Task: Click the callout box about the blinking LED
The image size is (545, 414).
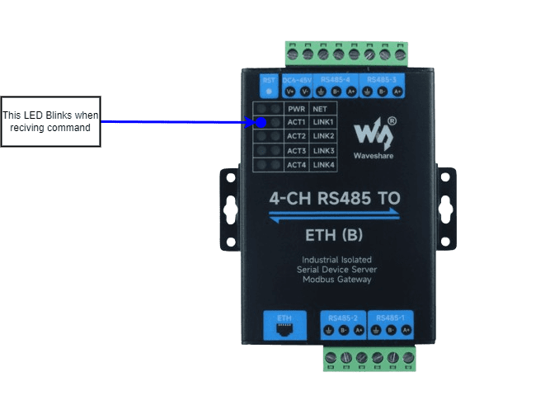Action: (51, 121)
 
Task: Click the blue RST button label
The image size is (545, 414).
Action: (268, 80)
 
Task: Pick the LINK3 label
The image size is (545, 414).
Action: (324, 151)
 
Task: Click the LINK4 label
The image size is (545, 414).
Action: (324, 165)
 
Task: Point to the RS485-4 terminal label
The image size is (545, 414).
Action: (336, 80)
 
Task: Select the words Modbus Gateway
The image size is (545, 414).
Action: (336, 280)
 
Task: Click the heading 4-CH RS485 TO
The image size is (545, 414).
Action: (336, 198)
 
